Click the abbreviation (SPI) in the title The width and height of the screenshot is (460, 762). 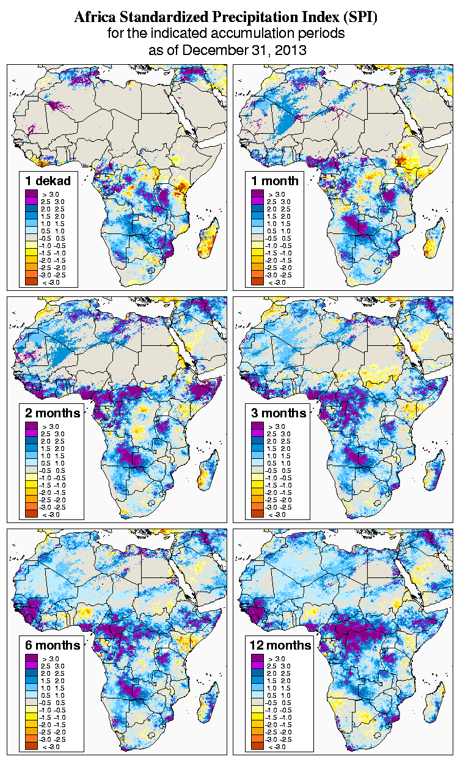[x=362, y=18]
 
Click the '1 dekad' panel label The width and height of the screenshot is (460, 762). [x=48, y=180]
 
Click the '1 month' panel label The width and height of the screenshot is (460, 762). [x=275, y=180]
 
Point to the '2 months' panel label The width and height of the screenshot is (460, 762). [x=53, y=413]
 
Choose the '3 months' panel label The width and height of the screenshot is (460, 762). [x=279, y=413]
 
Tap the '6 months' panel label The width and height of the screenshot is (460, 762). [x=53, y=645]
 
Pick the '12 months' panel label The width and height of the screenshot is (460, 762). [x=280, y=645]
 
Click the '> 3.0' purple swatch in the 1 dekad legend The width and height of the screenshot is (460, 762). [x=32, y=194]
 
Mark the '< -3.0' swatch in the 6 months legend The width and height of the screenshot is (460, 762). [x=32, y=746]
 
